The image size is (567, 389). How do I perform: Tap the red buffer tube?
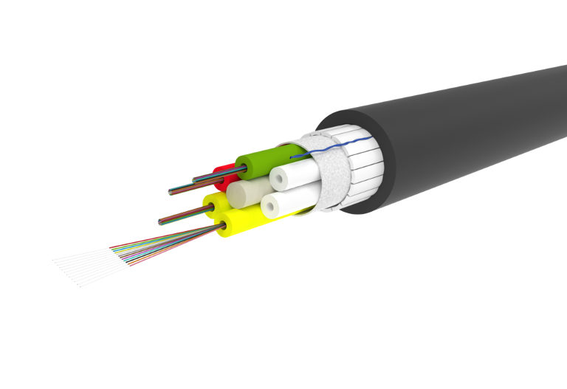click(219, 171)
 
